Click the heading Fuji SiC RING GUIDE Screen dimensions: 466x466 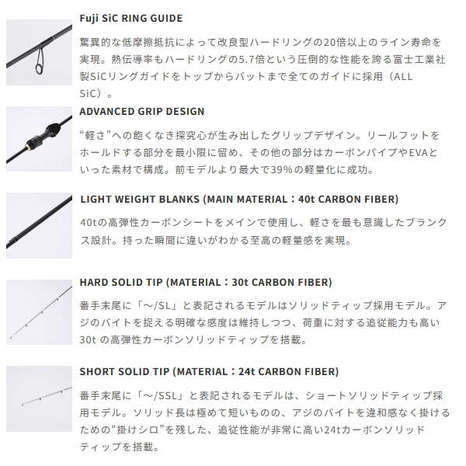coord(131,19)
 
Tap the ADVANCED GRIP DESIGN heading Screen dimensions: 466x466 coord(142,111)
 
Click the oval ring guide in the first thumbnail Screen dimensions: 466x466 coord(40,61)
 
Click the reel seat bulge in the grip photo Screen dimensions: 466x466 coord(50,130)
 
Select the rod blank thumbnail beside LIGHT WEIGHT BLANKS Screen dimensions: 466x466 coord(40,225)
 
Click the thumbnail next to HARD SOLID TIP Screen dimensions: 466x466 coord(40,312)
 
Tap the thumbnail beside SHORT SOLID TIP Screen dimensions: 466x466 coord(40,398)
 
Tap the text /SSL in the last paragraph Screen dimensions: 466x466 coord(165,396)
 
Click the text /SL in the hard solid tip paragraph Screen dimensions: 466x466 coord(163,305)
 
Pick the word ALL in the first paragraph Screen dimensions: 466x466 coord(402,77)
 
